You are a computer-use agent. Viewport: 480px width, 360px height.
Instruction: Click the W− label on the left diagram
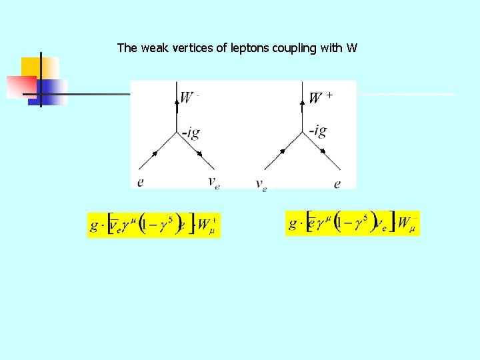click(x=189, y=98)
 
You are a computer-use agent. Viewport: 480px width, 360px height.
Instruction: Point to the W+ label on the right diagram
click(x=319, y=98)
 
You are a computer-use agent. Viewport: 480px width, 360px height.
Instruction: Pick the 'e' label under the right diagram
click(x=337, y=183)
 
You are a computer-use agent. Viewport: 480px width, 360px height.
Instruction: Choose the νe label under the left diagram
click(x=213, y=182)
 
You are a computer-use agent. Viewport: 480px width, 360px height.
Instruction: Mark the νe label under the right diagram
click(x=261, y=185)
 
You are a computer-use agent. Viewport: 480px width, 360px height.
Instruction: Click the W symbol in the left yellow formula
click(x=205, y=225)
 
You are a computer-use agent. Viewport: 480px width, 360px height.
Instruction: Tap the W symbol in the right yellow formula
click(x=404, y=223)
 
